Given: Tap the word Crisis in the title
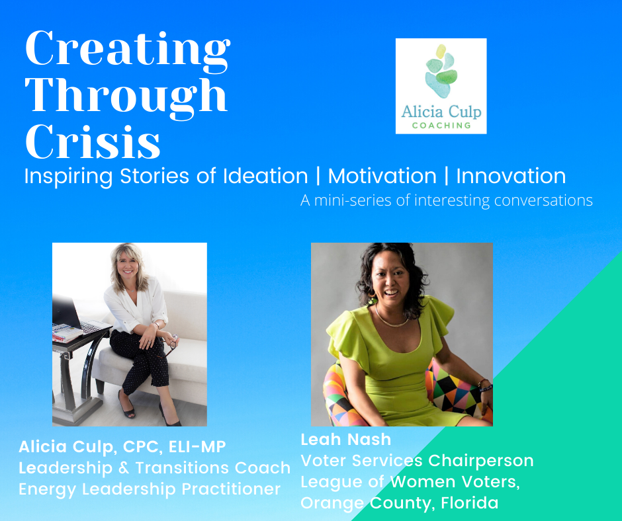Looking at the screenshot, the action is click(x=93, y=142).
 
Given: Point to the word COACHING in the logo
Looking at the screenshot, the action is click(x=441, y=126).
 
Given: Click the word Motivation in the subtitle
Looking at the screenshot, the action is click(x=382, y=176).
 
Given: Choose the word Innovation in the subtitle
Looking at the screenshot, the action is click(x=511, y=176).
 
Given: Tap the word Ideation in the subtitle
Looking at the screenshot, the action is click(x=265, y=176).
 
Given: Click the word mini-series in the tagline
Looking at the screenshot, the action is click(x=353, y=200).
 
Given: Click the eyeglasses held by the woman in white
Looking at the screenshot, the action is click(x=171, y=344).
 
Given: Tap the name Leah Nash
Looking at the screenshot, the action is click(x=346, y=439).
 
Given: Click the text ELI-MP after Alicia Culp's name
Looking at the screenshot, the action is click(x=197, y=446).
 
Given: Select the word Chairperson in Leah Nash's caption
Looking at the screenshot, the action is click(x=481, y=460).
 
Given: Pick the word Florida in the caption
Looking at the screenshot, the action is click(x=470, y=502).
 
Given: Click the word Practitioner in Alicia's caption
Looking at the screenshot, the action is click(x=232, y=489).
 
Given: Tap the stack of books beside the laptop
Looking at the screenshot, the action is click(x=67, y=333).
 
